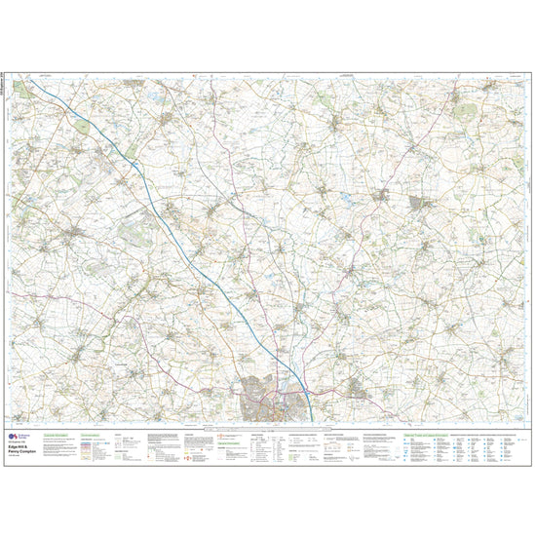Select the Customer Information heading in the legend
pyautogui.click(x=62, y=434)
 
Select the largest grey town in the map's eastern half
pyautogui.click(x=423, y=204)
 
